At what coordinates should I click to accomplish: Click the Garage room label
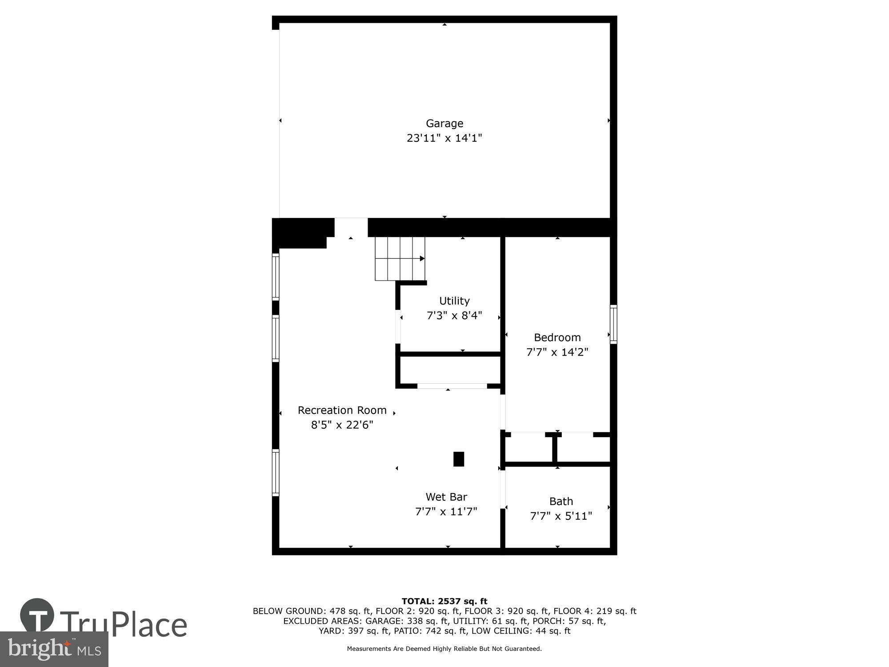point(444,123)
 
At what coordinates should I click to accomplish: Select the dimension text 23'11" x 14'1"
point(444,138)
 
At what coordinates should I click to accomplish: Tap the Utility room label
point(454,301)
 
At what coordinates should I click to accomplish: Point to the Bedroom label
point(557,337)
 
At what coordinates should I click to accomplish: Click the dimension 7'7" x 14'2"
point(557,352)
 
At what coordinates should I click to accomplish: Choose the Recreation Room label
point(342,410)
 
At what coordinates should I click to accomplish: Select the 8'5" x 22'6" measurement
point(342,425)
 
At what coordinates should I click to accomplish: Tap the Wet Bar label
point(446,497)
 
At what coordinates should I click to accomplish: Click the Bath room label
point(561,501)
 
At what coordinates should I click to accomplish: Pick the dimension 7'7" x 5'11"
point(561,516)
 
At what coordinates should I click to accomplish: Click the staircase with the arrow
point(400,258)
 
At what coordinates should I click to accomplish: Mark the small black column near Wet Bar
point(459,459)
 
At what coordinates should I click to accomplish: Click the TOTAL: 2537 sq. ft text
point(444,601)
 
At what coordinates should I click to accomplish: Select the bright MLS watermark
point(54,649)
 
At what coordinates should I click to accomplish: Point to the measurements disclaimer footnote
point(444,649)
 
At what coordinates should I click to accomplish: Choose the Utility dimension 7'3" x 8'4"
point(454,315)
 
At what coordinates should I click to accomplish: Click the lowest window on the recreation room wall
point(276,473)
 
